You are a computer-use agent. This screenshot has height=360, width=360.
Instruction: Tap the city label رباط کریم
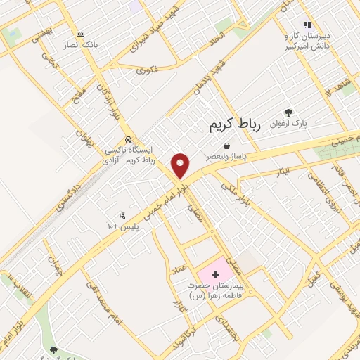235,125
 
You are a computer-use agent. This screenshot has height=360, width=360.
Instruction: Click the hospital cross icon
215,271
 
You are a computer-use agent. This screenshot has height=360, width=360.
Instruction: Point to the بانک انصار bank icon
79,33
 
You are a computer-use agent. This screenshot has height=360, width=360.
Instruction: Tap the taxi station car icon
128,139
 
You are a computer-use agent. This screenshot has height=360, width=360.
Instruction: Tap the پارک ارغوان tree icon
288,112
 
